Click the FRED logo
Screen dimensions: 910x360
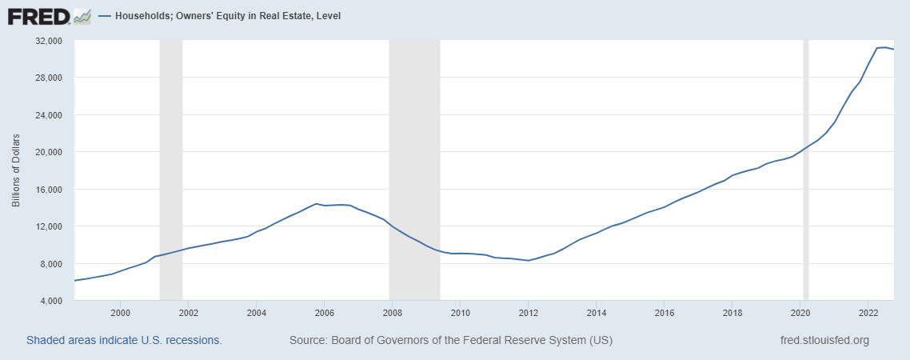point(50,16)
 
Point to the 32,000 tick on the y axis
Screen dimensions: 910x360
point(50,41)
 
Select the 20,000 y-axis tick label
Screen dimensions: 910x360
point(50,152)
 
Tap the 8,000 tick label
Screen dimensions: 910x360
point(52,264)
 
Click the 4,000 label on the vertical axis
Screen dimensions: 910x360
point(52,301)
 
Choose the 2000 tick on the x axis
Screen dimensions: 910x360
point(120,312)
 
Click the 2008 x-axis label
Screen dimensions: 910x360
point(392,312)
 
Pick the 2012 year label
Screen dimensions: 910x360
point(528,312)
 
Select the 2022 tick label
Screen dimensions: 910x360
point(868,312)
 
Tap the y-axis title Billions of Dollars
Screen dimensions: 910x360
point(16,170)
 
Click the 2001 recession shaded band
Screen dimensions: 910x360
point(171,170)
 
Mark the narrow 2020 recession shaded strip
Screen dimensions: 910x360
point(805,170)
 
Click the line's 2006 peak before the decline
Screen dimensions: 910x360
point(316,204)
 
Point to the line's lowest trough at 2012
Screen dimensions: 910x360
point(528,261)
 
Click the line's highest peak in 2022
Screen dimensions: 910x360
point(884,47)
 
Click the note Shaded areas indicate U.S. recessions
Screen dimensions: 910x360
point(124,340)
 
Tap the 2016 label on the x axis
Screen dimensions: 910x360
point(664,312)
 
